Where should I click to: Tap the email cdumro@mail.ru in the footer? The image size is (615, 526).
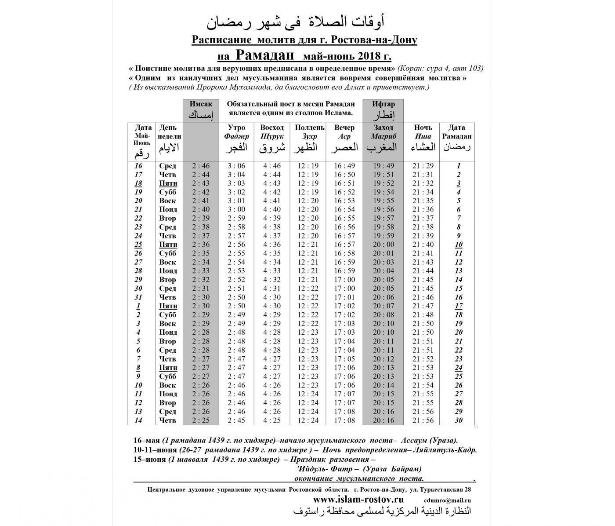pyautogui.click(x=448, y=500)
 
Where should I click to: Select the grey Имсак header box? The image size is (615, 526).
pyautogui.click(x=201, y=110)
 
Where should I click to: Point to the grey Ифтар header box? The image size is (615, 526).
pyautogui.click(x=383, y=110)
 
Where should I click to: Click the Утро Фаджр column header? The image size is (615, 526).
pyautogui.click(x=236, y=137)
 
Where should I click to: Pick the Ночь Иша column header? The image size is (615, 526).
pyautogui.click(x=423, y=137)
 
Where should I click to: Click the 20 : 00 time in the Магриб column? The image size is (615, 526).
pyautogui.click(x=383, y=245)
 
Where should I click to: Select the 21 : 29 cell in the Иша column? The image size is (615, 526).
pyautogui.click(x=423, y=166)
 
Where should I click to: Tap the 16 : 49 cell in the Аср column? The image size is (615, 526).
pyautogui.click(x=344, y=166)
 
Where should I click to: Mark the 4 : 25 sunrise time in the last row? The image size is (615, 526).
pyautogui.click(x=272, y=420)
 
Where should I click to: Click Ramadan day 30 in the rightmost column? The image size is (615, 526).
pyautogui.click(x=459, y=420)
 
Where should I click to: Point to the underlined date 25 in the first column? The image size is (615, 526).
pyautogui.click(x=138, y=245)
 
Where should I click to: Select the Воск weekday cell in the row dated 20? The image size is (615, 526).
pyautogui.click(x=168, y=201)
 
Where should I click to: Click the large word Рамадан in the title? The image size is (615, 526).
pyautogui.click(x=265, y=55)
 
